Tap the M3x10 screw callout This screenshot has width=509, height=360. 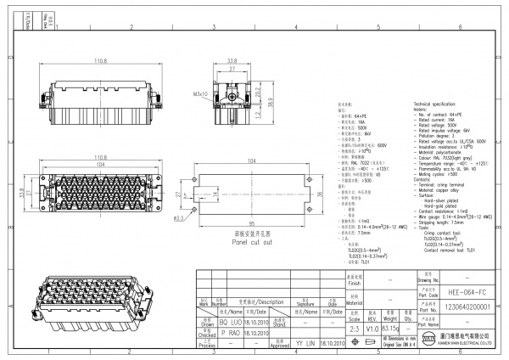tap(201, 94)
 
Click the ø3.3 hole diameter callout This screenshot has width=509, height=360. tap(179, 218)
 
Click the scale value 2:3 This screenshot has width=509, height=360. tap(355, 328)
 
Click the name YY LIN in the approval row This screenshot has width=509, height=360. tap(305, 346)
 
